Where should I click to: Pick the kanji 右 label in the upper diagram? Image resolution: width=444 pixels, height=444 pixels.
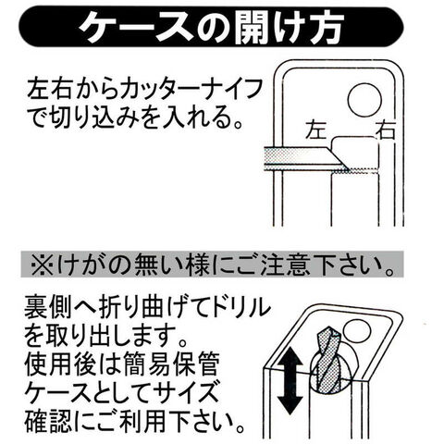(x=385, y=129)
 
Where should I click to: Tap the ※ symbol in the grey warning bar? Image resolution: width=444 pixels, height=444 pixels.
(x=43, y=265)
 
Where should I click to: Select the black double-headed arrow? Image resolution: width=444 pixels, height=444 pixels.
(x=290, y=382)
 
